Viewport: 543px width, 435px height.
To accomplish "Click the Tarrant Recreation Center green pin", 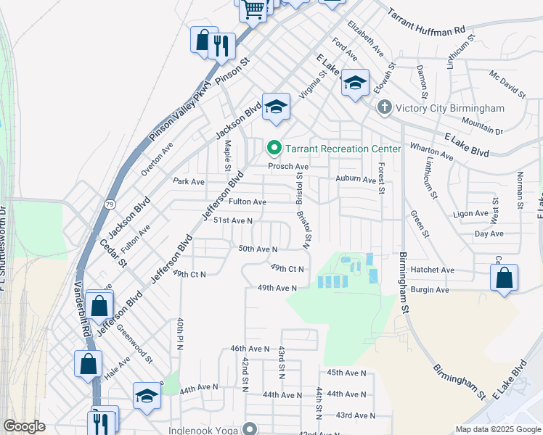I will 274,149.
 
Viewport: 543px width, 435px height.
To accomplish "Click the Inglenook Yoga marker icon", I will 250,430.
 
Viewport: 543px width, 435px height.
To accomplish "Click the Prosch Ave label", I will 288,166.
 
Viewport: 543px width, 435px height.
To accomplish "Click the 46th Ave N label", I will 250,349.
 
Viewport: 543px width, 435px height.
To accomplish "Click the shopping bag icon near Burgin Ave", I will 504,278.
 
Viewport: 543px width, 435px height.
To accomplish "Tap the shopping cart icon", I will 253,9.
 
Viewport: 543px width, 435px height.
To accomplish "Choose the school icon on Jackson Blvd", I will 276,107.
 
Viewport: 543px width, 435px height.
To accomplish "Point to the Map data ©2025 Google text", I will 497,429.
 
